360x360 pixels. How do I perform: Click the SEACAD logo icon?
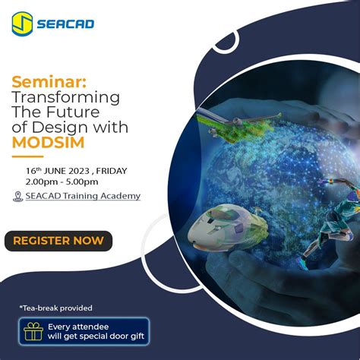(22, 24)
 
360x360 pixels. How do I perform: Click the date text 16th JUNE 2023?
(62, 170)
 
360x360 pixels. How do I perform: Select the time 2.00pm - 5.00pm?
(62, 182)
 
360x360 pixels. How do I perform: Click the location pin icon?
(18, 196)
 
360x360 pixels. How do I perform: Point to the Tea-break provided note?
(56, 308)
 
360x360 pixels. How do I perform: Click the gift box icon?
(33, 331)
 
